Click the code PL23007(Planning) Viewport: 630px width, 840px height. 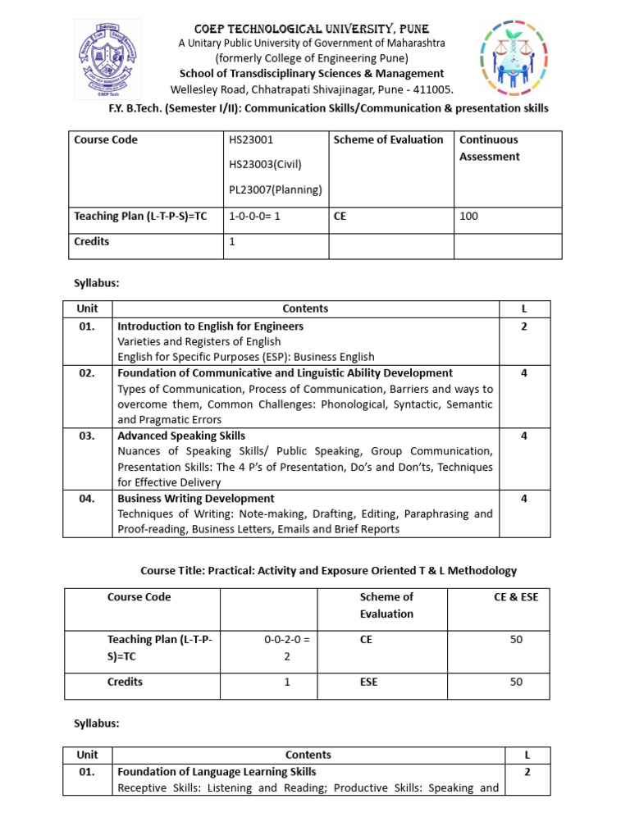276,190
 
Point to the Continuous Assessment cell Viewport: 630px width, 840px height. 489,148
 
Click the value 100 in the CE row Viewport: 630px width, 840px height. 469,217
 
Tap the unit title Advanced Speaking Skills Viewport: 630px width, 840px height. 181,436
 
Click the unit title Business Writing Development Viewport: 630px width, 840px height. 196,498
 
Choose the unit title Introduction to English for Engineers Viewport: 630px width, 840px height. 210,326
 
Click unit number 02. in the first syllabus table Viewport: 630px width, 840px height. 87,372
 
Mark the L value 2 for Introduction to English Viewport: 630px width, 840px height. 523,326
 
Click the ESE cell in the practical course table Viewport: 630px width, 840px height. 368,682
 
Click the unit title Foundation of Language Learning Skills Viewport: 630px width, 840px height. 217,771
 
